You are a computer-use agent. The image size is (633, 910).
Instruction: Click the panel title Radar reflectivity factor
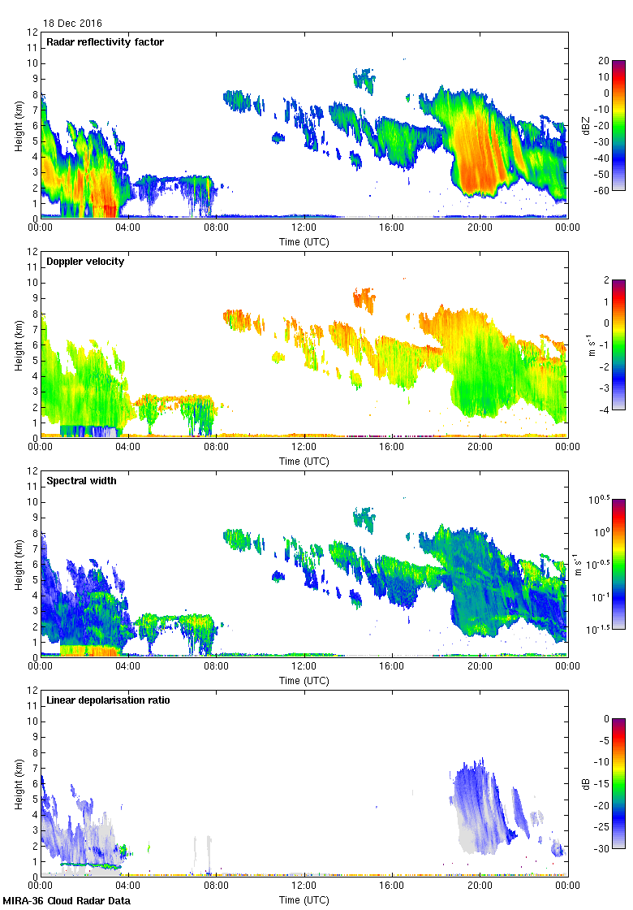pyautogui.click(x=105, y=41)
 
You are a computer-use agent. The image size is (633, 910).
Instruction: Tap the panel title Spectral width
pyautogui.click(x=81, y=480)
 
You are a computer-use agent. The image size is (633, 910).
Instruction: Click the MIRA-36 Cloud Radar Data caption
pyautogui.click(x=66, y=901)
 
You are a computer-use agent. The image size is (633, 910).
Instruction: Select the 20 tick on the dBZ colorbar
pyautogui.click(x=604, y=61)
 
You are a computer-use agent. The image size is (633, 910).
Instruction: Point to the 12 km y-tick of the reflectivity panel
pyautogui.click(x=32, y=32)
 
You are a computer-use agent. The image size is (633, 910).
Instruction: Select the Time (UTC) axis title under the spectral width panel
pyautogui.click(x=304, y=681)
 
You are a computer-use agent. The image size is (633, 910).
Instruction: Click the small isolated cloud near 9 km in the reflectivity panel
pyautogui.click(x=364, y=79)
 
